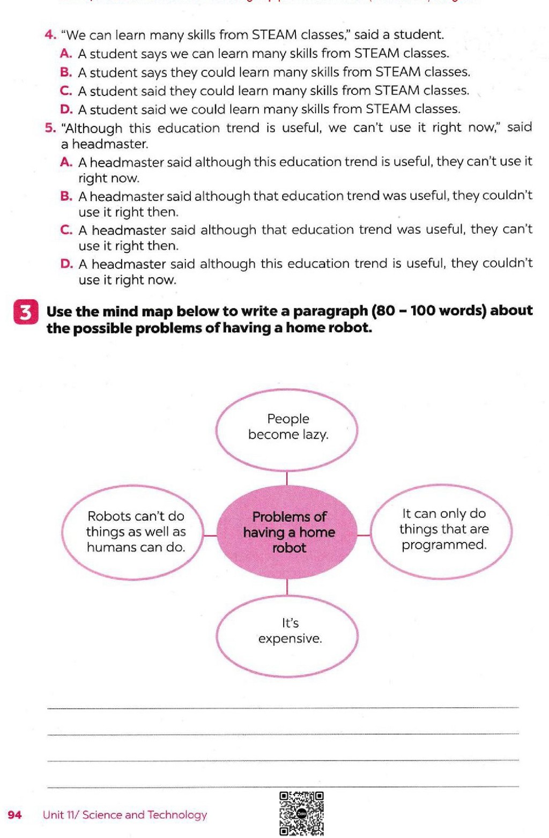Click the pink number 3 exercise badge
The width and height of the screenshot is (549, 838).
[x=25, y=312]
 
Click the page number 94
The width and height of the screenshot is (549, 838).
[x=14, y=814]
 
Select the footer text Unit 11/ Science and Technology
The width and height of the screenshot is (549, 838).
[x=124, y=814]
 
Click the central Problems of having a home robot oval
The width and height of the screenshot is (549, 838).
[x=287, y=532]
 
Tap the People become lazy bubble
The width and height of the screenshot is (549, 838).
[x=287, y=429]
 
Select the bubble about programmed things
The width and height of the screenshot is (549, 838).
[x=441, y=531]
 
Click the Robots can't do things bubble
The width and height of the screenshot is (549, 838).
[x=133, y=532]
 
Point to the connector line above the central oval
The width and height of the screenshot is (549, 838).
[x=287, y=478]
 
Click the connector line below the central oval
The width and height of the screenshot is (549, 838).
[x=287, y=587]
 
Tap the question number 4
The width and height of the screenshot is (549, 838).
[x=50, y=35]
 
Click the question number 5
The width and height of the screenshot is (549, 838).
[x=50, y=128]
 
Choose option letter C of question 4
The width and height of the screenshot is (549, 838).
[x=66, y=91]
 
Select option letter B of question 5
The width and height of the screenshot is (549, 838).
[x=66, y=196]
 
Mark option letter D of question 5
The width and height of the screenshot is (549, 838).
[x=66, y=264]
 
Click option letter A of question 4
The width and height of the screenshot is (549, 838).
[x=66, y=54]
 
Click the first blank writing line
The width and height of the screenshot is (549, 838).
[x=283, y=707]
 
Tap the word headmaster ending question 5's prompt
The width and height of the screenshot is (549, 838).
[x=110, y=144]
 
